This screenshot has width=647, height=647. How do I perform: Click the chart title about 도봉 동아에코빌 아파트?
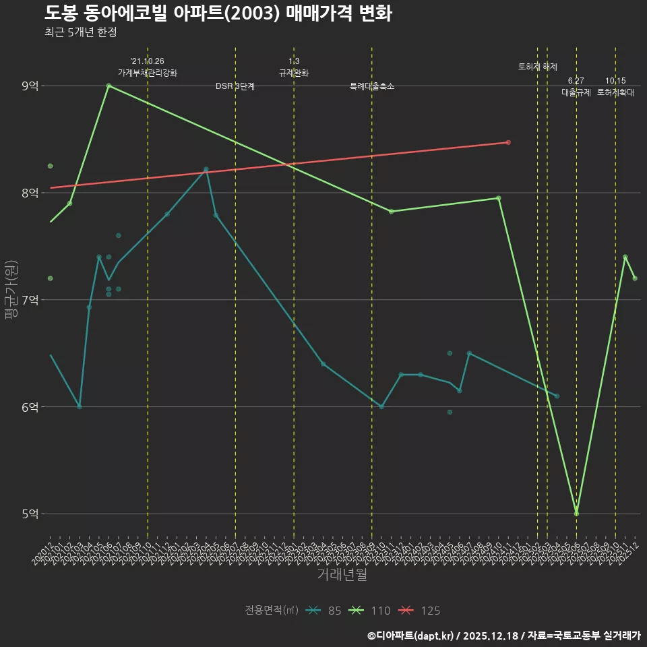tap(218, 13)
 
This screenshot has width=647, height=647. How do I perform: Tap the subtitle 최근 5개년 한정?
tap(81, 32)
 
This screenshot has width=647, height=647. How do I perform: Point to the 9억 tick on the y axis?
tap(30, 86)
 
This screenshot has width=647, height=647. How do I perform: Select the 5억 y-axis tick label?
tap(30, 514)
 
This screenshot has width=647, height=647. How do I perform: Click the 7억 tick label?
tap(30, 300)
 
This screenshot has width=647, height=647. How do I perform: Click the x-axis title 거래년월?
tap(342, 575)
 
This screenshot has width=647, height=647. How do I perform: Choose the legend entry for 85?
tap(323, 611)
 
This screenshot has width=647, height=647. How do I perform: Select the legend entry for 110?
tap(370, 611)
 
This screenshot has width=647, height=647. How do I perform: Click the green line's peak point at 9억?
tap(109, 86)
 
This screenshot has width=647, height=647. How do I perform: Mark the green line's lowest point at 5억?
tap(576, 514)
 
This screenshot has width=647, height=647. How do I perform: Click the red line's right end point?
tap(508, 142)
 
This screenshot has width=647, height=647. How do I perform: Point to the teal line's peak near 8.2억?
tap(206, 169)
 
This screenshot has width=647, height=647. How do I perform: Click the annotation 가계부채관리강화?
tap(148, 73)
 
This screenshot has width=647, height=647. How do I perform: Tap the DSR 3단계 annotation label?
tap(235, 87)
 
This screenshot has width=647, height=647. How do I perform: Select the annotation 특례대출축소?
tap(372, 87)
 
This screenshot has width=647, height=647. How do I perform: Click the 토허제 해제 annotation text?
tap(538, 67)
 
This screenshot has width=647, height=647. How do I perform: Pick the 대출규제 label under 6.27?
tap(576, 93)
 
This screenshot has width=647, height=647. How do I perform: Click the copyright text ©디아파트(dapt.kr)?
tap(410, 636)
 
